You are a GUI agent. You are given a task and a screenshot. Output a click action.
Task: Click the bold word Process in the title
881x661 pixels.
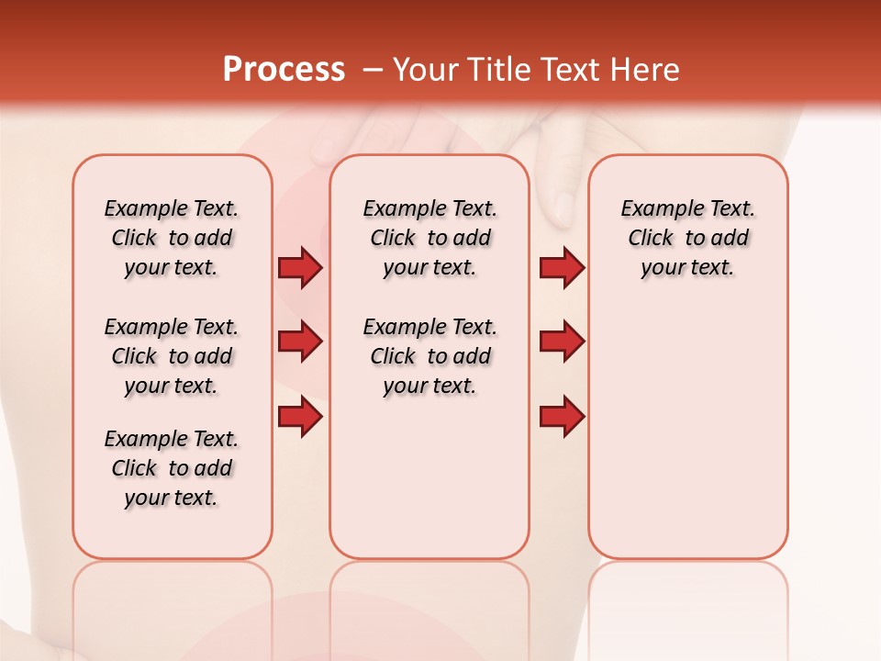(284, 70)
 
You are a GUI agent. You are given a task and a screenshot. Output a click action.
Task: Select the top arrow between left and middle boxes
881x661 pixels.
(299, 267)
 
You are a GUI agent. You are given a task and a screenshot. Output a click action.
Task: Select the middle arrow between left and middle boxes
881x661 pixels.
(299, 342)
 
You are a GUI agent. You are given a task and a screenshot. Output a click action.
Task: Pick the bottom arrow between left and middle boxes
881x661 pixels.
(299, 417)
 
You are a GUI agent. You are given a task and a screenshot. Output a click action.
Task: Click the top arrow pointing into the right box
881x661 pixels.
(562, 267)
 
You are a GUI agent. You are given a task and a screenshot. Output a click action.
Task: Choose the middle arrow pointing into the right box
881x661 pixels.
(562, 342)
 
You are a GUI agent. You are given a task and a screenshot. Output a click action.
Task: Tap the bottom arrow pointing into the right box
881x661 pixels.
(562, 417)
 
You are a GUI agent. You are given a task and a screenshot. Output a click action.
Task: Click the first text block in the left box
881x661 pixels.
(172, 238)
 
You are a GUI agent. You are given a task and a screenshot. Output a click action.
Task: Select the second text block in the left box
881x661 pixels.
(172, 356)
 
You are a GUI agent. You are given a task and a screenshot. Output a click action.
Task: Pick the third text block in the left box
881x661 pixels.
(172, 468)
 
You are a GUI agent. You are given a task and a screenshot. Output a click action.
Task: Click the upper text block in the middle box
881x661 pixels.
(429, 238)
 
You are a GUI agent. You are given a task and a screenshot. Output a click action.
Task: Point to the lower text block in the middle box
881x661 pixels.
(429, 356)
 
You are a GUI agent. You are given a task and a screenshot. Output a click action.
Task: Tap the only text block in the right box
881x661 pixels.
(687, 238)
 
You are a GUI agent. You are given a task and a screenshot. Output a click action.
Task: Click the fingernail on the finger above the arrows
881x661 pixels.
(564, 209)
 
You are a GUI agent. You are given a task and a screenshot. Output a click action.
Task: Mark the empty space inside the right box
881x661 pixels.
(687, 422)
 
